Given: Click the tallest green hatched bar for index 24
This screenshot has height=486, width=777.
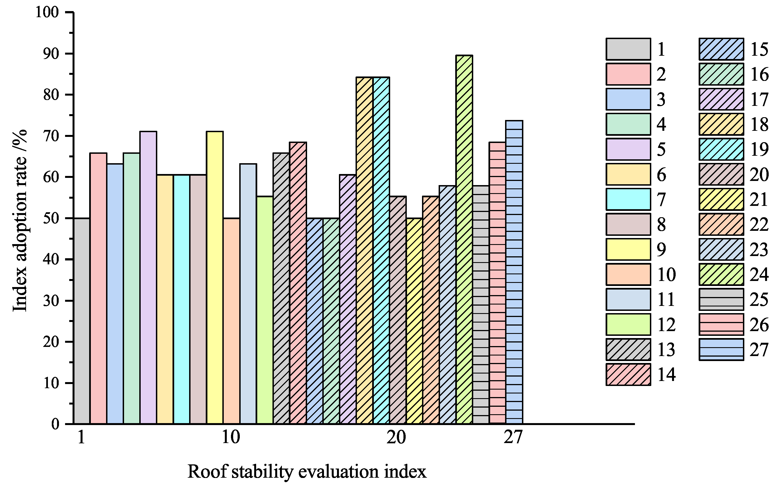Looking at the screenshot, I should [464, 239].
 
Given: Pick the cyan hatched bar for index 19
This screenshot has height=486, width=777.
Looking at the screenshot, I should [381, 250].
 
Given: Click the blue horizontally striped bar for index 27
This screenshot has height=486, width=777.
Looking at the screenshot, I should [514, 272].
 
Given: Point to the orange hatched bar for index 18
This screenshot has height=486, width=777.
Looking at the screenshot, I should [365, 250].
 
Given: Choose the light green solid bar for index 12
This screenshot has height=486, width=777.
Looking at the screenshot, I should [265, 310].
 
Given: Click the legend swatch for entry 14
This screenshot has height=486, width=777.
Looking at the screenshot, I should [628, 374].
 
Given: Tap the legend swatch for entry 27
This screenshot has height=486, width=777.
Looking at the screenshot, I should [721, 349].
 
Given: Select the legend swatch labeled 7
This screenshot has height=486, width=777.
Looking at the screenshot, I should [628, 199].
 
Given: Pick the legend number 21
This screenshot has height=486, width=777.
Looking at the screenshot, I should [759, 199].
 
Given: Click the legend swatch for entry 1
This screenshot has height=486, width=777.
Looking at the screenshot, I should [628, 49].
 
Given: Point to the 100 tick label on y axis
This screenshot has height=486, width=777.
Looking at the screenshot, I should [47, 12].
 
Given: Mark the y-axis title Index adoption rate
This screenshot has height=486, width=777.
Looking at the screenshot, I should [20, 220].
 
